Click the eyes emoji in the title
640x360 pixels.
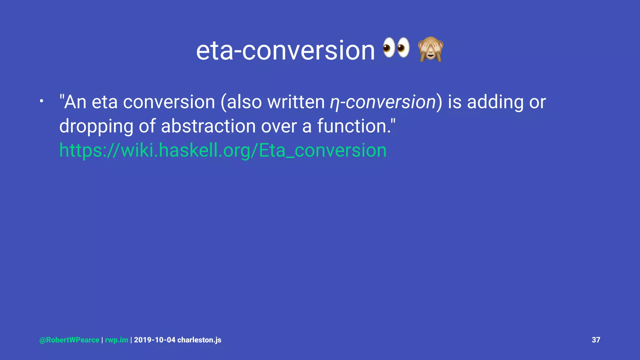(x=396, y=48)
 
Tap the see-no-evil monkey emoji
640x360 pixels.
(x=431, y=49)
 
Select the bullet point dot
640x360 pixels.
(x=41, y=101)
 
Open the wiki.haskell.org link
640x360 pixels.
(x=223, y=150)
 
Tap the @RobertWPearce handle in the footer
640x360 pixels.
(x=69, y=340)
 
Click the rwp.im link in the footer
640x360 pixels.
(x=117, y=340)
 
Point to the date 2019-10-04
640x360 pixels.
(x=155, y=340)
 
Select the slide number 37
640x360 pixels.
(x=596, y=340)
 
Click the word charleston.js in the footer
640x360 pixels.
(x=199, y=340)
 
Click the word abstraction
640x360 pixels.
(x=208, y=126)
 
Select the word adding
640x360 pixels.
(x=495, y=102)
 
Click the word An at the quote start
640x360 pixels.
(x=75, y=102)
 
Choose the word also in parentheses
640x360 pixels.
(x=244, y=102)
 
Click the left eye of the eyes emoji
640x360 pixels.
(x=389, y=48)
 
